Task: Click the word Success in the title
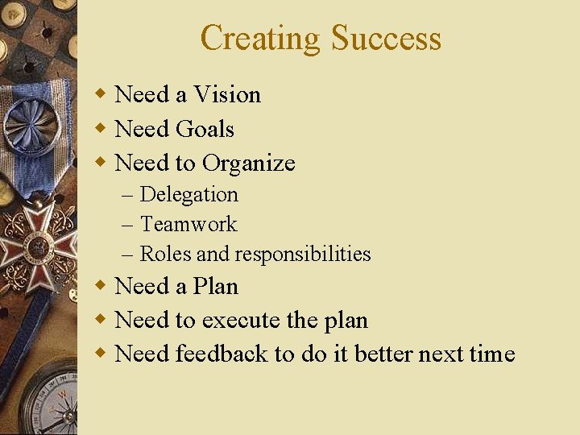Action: [386, 38]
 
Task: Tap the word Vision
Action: [227, 94]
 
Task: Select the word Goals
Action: [205, 129]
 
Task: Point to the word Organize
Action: [249, 164]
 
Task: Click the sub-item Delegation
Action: [189, 194]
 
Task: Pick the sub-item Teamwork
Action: [188, 224]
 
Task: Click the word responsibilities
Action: [303, 255]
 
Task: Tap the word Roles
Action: [166, 255]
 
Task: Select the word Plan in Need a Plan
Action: [216, 286]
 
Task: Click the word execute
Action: [241, 321]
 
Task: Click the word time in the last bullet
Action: [491, 354]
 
